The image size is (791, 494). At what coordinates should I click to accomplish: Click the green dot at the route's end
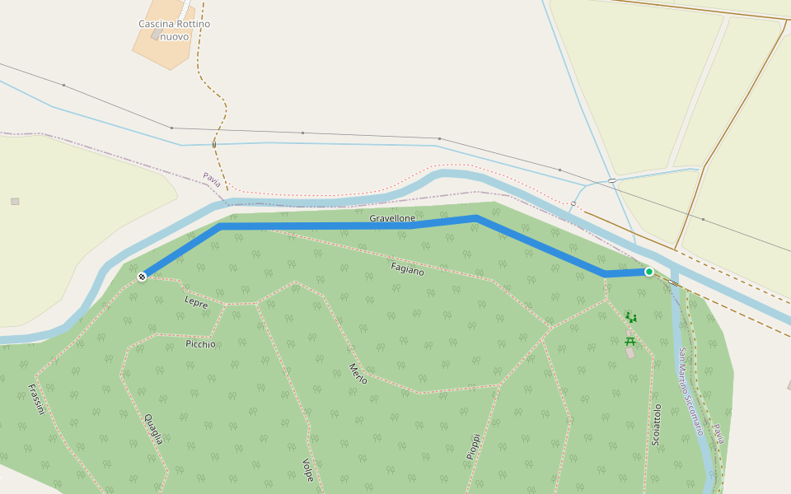point(649,272)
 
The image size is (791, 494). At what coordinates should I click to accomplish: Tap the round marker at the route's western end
point(142,277)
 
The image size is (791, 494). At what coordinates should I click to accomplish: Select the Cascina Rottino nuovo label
point(174,30)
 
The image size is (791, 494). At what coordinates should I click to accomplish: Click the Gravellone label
point(392,218)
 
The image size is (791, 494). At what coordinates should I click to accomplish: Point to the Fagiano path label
point(407,268)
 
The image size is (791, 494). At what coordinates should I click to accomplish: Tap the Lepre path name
point(196,302)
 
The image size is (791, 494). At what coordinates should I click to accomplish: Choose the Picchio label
point(200,344)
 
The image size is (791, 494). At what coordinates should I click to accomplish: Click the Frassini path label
point(35,399)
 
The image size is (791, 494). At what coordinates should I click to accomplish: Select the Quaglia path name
point(153,428)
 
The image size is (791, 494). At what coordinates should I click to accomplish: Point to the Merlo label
point(358,373)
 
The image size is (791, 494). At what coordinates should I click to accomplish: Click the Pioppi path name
point(473,445)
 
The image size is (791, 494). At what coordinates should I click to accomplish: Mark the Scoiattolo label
point(657,425)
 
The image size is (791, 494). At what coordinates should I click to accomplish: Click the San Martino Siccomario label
point(690,380)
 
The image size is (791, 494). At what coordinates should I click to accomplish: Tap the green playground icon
point(631,317)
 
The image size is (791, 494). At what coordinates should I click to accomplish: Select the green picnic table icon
point(630,340)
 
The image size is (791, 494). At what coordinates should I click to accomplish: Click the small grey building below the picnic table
point(630,352)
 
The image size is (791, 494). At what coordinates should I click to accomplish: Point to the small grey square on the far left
point(15,201)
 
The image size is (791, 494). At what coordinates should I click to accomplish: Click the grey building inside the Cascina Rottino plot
point(156,35)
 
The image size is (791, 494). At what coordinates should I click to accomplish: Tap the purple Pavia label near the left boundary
point(213,179)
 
